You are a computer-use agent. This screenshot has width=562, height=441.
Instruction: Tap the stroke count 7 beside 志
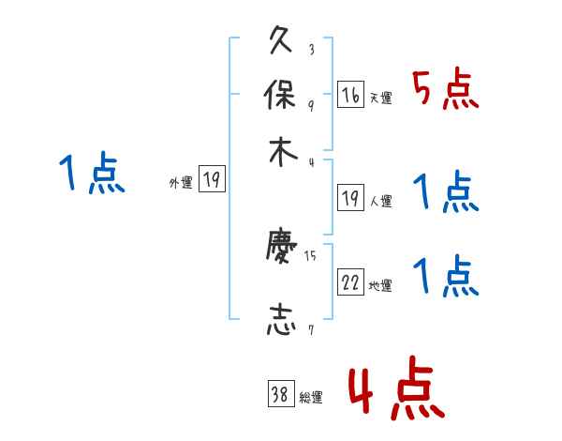pos(311,329)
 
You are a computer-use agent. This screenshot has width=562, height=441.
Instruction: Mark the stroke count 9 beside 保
pos(311,105)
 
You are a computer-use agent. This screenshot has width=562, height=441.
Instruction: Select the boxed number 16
pos(350,94)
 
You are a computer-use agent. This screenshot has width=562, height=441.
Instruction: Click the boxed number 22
pos(350,282)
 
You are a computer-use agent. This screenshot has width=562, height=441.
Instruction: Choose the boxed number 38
pos(280,394)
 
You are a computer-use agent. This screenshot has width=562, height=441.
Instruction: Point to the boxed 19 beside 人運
pos(350,197)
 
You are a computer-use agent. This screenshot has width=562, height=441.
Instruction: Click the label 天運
pos(380,98)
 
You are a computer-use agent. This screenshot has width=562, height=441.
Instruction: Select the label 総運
pos(310,398)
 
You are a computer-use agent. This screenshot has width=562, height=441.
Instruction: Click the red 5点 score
pos(446,90)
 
